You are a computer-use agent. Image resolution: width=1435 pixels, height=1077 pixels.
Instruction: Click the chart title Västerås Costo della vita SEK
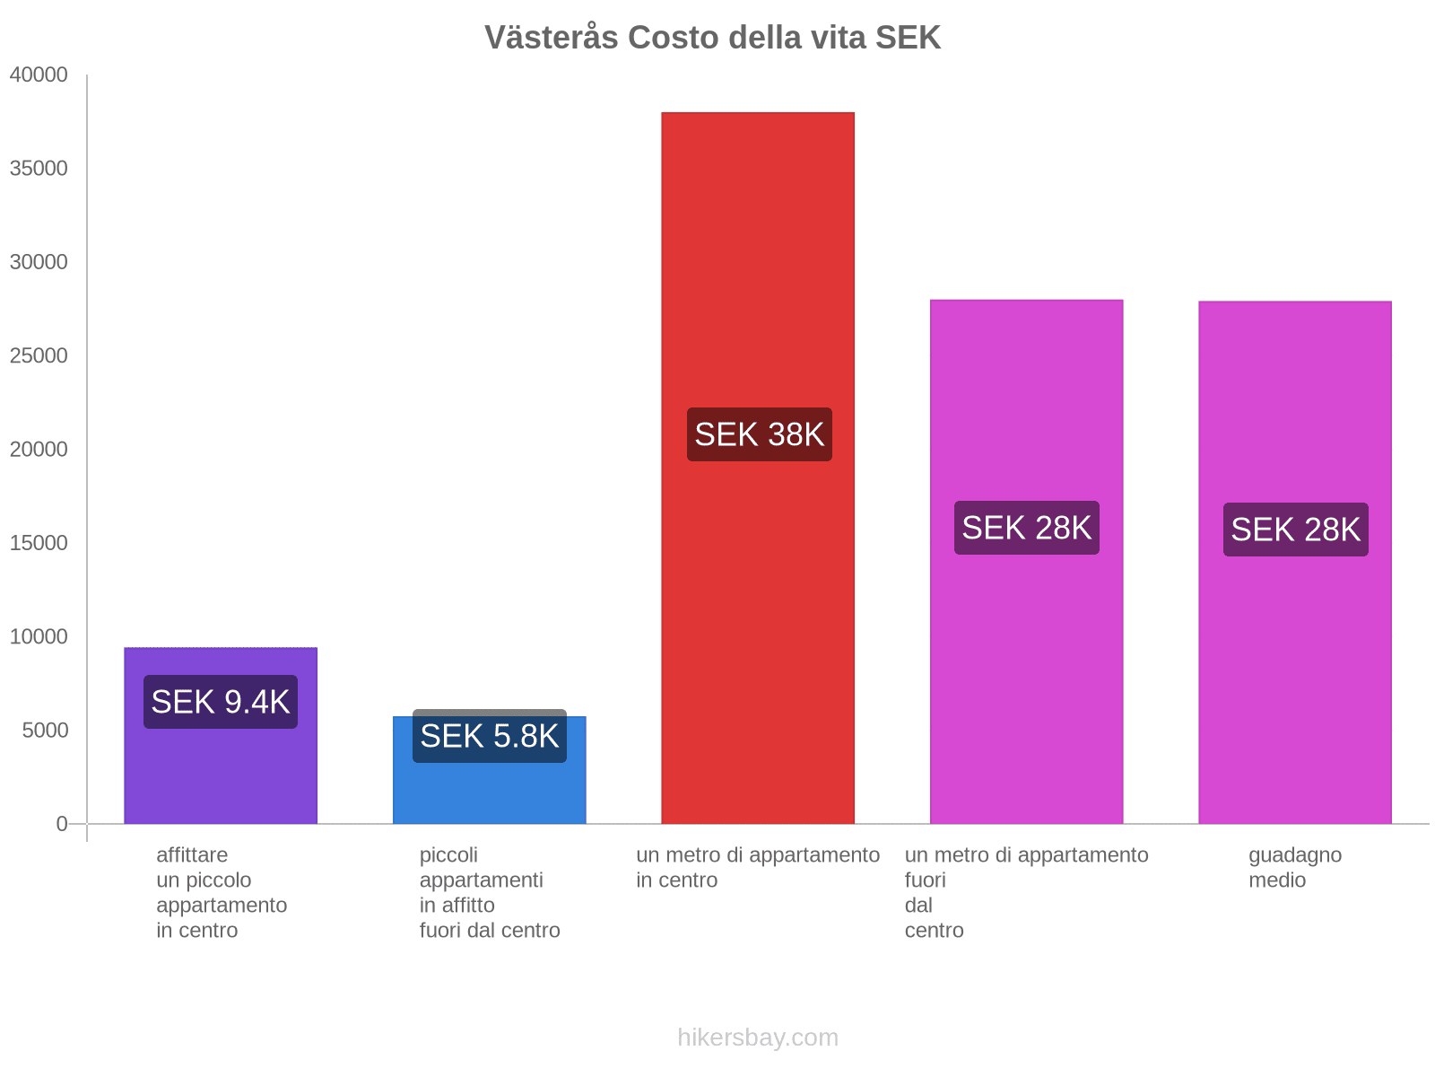[712, 38]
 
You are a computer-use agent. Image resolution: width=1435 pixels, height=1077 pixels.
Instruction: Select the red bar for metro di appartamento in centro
[758, 269]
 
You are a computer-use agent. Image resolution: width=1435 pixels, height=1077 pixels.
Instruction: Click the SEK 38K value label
[759, 434]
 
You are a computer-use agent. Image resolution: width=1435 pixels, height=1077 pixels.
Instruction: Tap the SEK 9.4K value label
[221, 702]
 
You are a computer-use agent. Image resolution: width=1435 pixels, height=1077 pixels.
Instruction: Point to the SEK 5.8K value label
[489, 737]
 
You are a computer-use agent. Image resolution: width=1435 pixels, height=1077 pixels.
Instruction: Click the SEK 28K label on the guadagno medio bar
[1295, 530]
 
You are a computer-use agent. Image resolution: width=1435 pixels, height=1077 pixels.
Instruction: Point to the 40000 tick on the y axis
[39, 75]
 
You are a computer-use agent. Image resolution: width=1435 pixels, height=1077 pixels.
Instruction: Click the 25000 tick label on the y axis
[39, 356]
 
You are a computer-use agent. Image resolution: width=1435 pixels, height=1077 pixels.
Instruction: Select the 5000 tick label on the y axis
[45, 731]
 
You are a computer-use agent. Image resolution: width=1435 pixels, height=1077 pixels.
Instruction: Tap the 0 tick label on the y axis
[62, 824]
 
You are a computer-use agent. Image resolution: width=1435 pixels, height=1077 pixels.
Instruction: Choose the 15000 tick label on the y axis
[39, 543]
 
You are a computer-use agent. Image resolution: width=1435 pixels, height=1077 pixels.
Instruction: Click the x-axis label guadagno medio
[1294, 868]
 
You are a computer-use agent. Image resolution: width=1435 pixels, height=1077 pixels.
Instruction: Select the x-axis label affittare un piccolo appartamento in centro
[221, 893]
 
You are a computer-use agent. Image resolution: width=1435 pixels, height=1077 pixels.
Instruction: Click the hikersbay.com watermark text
[758, 1038]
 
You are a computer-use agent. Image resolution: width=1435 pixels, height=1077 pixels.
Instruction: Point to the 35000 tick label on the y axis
[39, 169]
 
